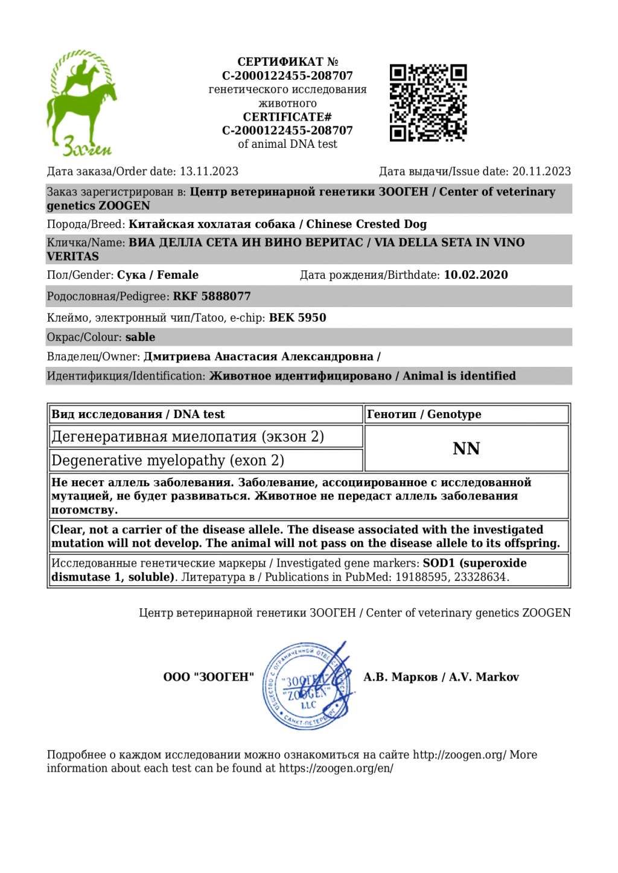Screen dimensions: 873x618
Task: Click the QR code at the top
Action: [x=428, y=103]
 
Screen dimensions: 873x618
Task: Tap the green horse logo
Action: [x=81, y=103]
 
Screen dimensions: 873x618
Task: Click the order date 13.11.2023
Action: [x=209, y=171]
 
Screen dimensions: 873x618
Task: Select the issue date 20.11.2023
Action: [x=541, y=171]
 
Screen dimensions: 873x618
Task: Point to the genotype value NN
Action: [x=467, y=449]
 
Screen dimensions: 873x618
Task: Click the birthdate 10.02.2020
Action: [x=476, y=275]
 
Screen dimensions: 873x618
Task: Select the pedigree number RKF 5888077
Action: [x=212, y=296]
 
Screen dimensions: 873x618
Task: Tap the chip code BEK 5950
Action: [x=298, y=317]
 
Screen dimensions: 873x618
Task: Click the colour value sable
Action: [x=140, y=337]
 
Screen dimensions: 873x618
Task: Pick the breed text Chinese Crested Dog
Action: [x=366, y=224]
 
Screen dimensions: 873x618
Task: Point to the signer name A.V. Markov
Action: [x=483, y=677]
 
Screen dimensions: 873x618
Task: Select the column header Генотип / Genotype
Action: [x=424, y=414]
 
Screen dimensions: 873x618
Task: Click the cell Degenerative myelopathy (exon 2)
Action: [x=168, y=461]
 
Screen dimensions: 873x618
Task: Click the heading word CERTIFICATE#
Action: [x=287, y=117]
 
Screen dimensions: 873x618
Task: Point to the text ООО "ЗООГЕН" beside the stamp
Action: [x=208, y=677]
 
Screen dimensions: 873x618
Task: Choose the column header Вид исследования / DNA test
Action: [x=138, y=414]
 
